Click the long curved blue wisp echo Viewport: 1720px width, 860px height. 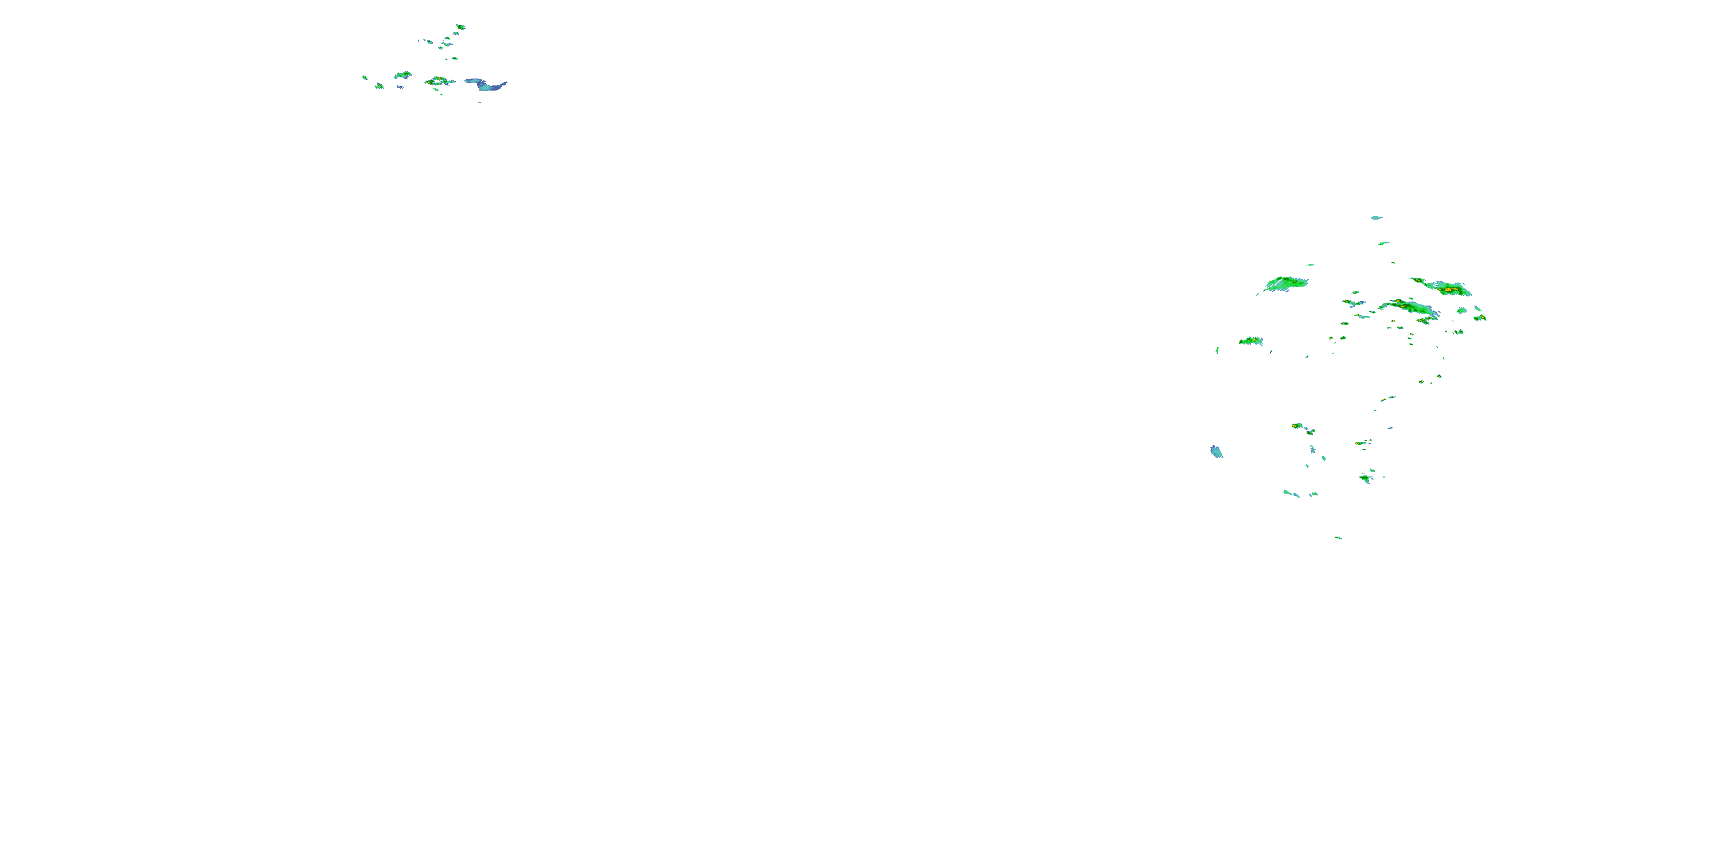[486, 84]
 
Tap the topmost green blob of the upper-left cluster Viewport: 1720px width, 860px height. [460, 27]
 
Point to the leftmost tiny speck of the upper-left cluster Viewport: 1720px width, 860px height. [365, 77]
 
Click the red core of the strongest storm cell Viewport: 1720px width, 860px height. [1448, 290]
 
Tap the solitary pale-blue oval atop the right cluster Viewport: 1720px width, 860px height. [1376, 218]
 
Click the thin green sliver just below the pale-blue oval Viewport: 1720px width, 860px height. [1383, 243]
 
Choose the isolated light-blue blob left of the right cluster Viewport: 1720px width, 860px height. [1217, 452]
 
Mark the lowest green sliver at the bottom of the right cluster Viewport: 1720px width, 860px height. [1338, 538]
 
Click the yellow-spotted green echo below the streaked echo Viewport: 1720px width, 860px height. [1251, 341]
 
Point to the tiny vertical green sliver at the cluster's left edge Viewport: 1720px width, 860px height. [1217, 350]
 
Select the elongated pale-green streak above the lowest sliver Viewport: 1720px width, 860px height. [1291, 494]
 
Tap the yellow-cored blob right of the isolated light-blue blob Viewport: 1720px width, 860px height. [1297, 425]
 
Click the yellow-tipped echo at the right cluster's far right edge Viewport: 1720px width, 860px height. [1480, 318]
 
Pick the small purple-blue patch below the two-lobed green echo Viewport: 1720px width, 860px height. [400, 87]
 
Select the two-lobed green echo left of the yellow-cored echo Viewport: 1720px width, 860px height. [402, 75]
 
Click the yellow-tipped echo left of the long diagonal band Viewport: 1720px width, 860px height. [1354, 303]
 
